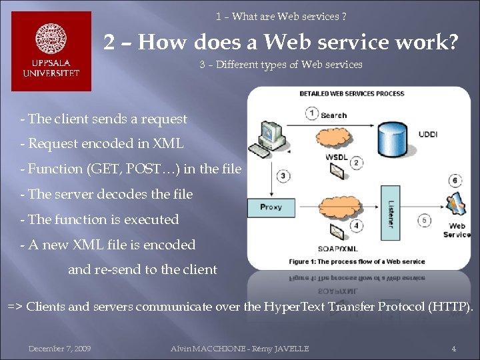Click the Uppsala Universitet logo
[x=51, y=51]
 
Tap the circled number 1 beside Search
[x=312, y=113]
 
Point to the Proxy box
[x=271, y=207]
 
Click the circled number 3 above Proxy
[x=283, y=176]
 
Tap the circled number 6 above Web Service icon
[x=455, y=180]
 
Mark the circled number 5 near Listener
[x=425, y=221]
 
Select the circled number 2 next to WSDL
[x=357, y=163]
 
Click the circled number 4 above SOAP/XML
[x=357, y=225]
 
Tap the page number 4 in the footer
[x=453, y=349]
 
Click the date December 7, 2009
[x=59, y=349]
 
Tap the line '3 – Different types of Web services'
[x=281, y=65]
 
